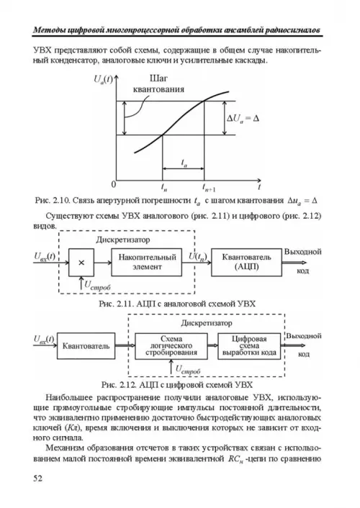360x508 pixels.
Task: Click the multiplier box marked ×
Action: coord(81,263)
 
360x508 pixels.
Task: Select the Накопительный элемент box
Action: coord(146,263)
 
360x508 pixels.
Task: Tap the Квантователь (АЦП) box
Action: coord(246,263)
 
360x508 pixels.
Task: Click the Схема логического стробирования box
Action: coord(171,346)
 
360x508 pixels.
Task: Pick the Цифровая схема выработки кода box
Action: coord(249,346)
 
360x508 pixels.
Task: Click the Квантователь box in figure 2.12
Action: coord(86,346)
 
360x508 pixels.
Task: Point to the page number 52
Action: coord(37,478)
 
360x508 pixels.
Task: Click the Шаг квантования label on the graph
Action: coord(158,84)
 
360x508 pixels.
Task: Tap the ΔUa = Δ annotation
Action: coord(243,119)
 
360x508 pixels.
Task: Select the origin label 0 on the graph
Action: coord(113,185)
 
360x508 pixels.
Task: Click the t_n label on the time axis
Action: coord(163,187)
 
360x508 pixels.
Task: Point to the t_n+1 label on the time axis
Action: coord(209,187)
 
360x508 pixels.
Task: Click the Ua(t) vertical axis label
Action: coord(103,79)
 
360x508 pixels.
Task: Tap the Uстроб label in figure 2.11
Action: coord(98,286)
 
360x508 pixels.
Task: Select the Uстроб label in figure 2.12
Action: coord(188,370)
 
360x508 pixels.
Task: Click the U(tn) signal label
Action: coord(198,257)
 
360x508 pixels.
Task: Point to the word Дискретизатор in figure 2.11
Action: coord(123,240)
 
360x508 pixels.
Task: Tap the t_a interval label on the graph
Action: coord(184,163)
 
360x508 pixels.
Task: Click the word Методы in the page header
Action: coord(50,30)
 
